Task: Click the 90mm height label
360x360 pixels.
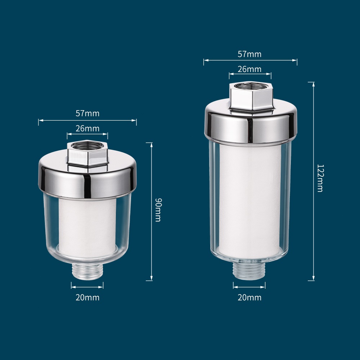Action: [x=158, y=210]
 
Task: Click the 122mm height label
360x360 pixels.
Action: [x=320, y=178]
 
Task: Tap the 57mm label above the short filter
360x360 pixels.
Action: [x=87, y=113]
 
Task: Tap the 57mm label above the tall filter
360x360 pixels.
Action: [x=249, y=54]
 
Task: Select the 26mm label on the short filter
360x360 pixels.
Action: [x=87, y=129]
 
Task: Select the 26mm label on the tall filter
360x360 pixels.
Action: [x=249, y=69]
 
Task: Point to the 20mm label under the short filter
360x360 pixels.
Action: [x=87, y=298]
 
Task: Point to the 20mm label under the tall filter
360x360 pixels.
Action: [x=249, y=298]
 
